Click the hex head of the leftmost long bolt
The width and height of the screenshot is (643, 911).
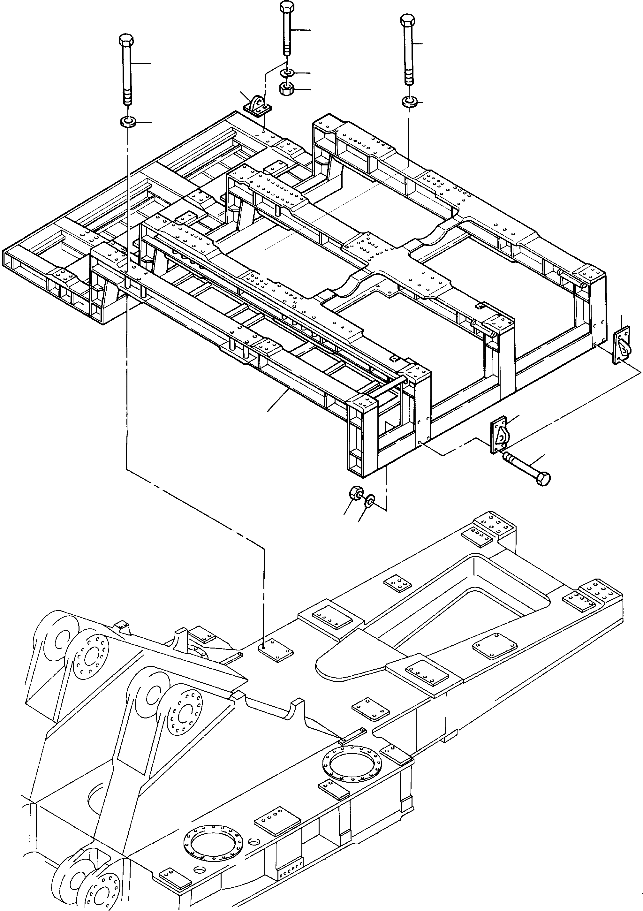pos(126,40)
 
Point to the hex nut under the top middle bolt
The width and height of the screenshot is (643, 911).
pos(286,89)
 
